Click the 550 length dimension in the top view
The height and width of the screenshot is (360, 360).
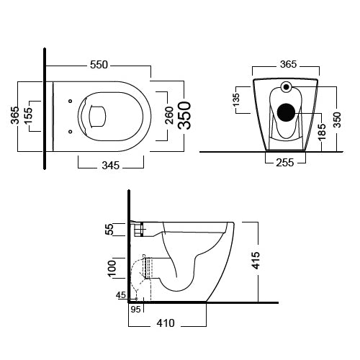click(x=99, y=65)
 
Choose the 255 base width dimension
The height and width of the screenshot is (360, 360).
click(x=284, y=163)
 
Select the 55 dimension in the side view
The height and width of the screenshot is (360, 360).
click(x=110, y=229)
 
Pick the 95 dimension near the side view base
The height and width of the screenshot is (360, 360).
click(x=135, y=310)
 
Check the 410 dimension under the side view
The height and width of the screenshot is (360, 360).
click(x=166, y=324)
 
